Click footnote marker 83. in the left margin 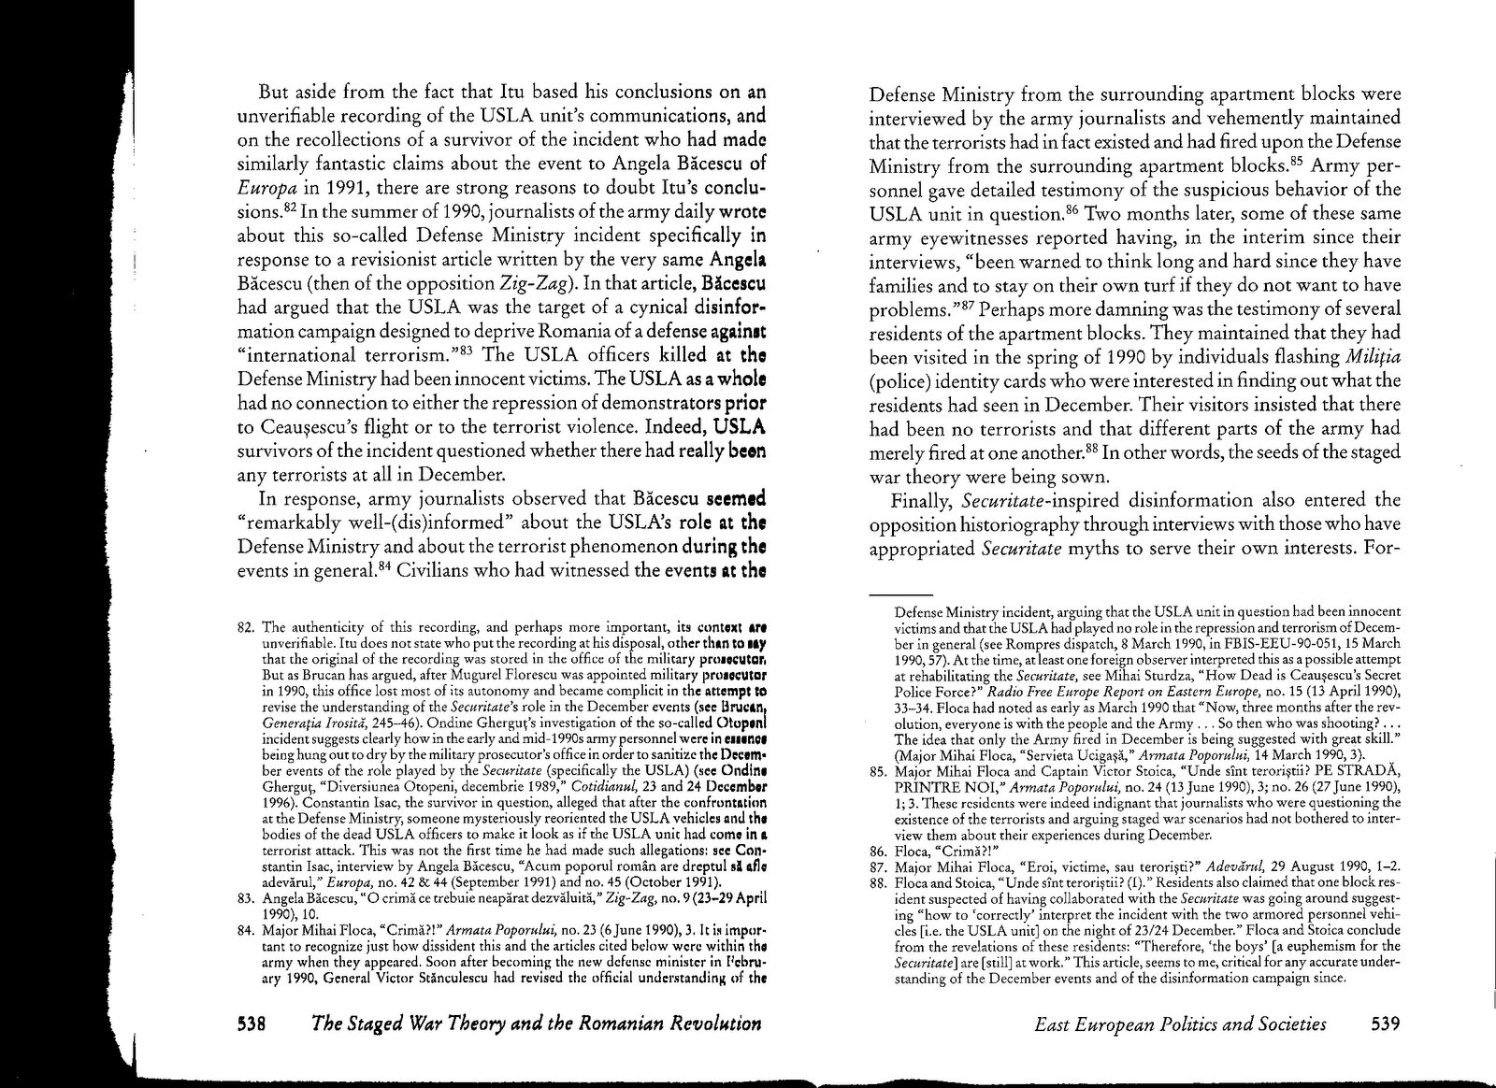click(x=248, y=898)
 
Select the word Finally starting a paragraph click(x=921, y=499)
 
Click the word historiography click(x=1008, y=523)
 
